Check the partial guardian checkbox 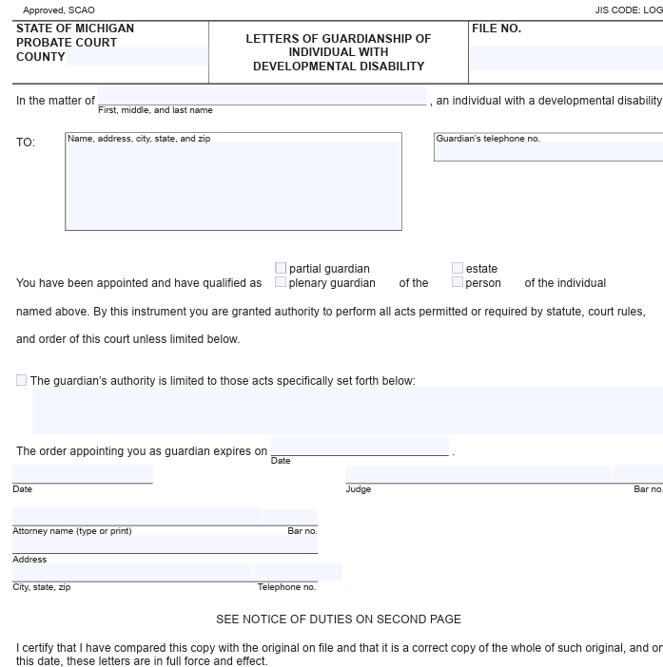(x=281, y=269)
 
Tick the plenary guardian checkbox (x=281, y=282)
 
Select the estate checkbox (x=458, y=269)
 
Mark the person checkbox (x=458, y=282)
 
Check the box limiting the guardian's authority (x=22, y=380)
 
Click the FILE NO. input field (x=566, y=58)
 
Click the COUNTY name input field (x=137, y=56)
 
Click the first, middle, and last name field (x=262, y=96)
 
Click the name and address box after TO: (x=233, y=184)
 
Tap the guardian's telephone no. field (x=548, y=151)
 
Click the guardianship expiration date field (x=360, y=447)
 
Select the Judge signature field (x=478, y=474)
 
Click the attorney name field (x=136, y=516)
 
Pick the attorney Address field (x=165, y=543)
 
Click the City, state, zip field (x=132, y=572)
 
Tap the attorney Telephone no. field (x=298, y=572)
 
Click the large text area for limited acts (x=347, y=410)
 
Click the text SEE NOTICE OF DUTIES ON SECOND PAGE (x=339, y=619)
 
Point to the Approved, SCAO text (x=59, y=10)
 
